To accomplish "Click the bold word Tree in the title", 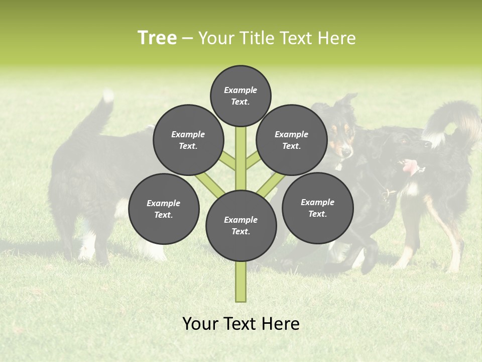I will coord(157,38).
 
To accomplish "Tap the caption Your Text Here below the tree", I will coord(240,324).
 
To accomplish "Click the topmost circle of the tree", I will coord(240,96).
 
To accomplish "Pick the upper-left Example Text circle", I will coord(188,140).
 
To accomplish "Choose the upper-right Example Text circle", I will coord(292,140).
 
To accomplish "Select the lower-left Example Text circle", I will coord(164,209).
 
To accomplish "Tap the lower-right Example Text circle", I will coord(317,208).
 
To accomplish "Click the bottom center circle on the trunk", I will coord(241,225).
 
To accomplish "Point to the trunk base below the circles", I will coord(241,282).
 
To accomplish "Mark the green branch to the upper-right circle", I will coord(253,161).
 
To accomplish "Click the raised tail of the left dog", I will coord(100,113).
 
